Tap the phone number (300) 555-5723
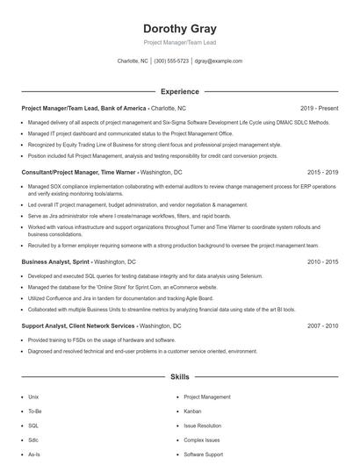click(x=171, y=61)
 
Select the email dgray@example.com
click(x=219, y=61)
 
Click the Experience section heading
click(x=180, y=91)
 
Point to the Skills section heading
click(x=180, y=376)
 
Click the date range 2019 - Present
click(x=320, y=108)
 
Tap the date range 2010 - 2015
click(x=322, y=261)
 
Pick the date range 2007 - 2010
click(x=322, y=325)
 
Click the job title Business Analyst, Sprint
click(x=54, y=261)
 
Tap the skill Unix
click(x=33, y=397)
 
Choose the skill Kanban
click(x=192, y=411)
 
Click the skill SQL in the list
click(x=33, y=426)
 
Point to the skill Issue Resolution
click(x=203, y=426)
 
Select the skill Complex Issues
click(x=201, y=440)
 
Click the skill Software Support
click(x=203, y=454)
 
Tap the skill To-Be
click(x=35, y=411)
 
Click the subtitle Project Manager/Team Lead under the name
click(x=180, y=42)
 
